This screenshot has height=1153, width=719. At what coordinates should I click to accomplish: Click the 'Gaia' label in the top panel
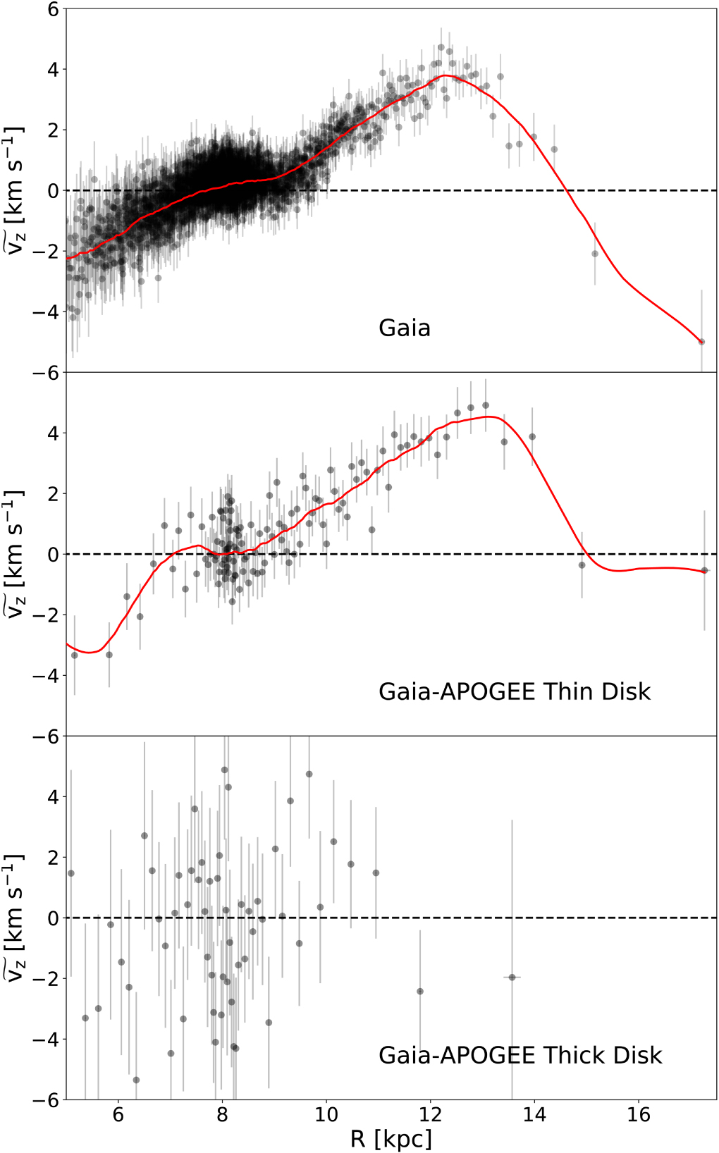coord(404,328)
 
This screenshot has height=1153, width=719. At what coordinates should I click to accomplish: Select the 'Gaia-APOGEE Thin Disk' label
coord(514,692)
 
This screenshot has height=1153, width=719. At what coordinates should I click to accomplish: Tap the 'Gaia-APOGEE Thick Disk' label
coord(520,1056)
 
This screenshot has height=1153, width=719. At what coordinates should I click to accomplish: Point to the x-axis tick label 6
coord(118,1115)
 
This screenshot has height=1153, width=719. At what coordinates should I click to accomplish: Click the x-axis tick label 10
coord(326,1115)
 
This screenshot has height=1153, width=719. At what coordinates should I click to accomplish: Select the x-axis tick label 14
coord(534,1115)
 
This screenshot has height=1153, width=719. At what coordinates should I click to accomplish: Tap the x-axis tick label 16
coord(639,1115)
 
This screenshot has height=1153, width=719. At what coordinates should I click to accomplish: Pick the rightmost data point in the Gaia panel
coord(701,342)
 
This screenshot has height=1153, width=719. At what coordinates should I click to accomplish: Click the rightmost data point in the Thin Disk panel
coord(704,570)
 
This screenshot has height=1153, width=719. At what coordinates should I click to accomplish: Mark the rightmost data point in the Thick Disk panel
coord(512,977)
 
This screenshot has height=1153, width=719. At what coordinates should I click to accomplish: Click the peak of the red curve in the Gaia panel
coord(444,75)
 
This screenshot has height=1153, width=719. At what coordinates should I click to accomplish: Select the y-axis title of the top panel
coord(16,190)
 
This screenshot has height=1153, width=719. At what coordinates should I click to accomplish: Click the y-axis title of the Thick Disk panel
coord(16,918)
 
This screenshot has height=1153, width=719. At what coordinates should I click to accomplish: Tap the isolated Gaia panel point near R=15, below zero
coord(595,254)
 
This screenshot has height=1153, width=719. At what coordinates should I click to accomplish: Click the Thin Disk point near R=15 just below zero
coord(582,565)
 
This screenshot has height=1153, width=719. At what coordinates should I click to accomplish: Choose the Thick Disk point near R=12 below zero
coord(420,991)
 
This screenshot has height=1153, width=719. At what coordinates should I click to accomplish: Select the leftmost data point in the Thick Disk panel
coord(70,873)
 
